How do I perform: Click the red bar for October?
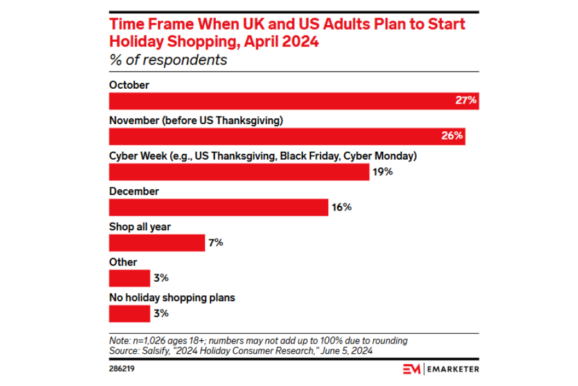tap(283, 101)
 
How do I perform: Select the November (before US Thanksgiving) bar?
tap(276, 136)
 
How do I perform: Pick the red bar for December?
tap(219, 207)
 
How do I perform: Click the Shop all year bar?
tap(157, 243)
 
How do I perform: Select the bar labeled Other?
tap(129, 278)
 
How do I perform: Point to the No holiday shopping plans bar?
tap(129, 313)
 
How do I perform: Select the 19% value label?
tap(383, 172)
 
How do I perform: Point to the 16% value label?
tap(342, 207)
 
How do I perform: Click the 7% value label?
tap(215, 243)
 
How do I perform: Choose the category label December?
tap(134, 192)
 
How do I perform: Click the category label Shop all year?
tap(140, 227)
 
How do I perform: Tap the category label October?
tap(129, 85)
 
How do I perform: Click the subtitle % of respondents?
tap(168, 60)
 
